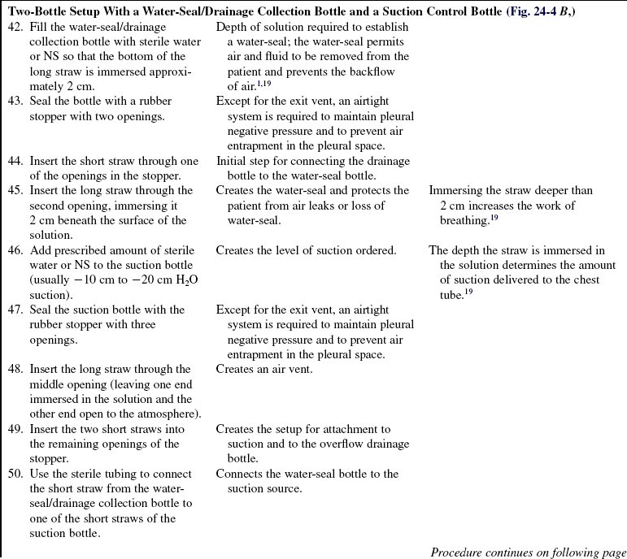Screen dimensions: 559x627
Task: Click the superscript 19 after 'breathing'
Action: tap(493, 217)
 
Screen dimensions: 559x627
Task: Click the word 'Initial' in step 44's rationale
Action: tap(233, 161)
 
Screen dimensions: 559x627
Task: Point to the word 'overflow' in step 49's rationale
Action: tap(316, 444)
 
